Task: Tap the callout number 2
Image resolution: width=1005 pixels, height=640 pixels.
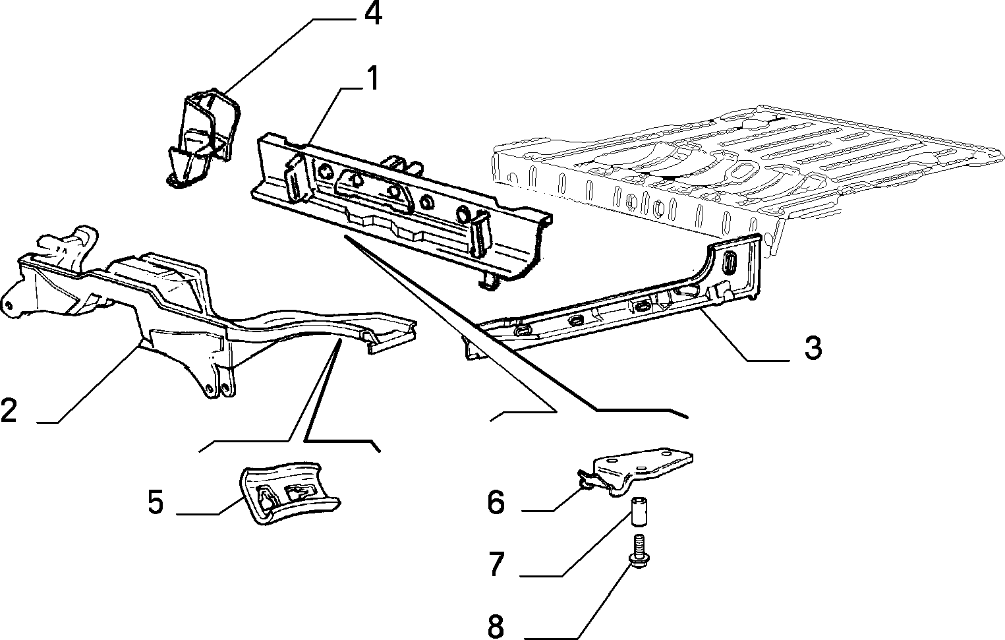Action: tap(9, 410)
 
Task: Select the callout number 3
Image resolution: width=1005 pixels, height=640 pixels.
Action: tap(813, 347)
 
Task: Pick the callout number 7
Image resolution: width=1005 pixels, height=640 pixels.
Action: tap(497, 564)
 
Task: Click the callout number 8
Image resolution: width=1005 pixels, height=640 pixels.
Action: tap(496, 627)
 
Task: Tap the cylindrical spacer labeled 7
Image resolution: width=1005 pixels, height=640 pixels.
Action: tap(638, 511)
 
